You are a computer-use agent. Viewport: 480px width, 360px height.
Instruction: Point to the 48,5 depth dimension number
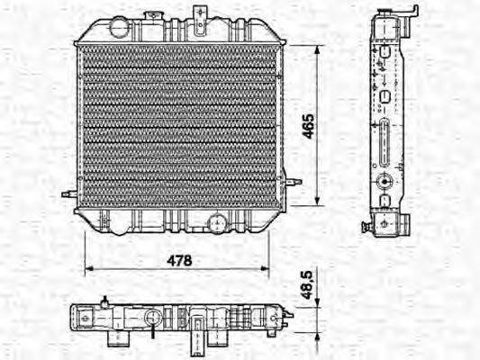[x=306, y=287]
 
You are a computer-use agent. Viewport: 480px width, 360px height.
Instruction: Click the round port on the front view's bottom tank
[x=216, y=223]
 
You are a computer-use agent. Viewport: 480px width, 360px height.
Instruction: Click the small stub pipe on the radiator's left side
[x=68, y=193]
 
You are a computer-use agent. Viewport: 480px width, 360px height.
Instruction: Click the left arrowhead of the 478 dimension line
[x=86, y=269]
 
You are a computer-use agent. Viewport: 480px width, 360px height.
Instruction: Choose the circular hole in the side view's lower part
[x=385, y=180]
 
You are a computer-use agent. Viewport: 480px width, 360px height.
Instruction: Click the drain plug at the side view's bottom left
[x=367, y=225]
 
